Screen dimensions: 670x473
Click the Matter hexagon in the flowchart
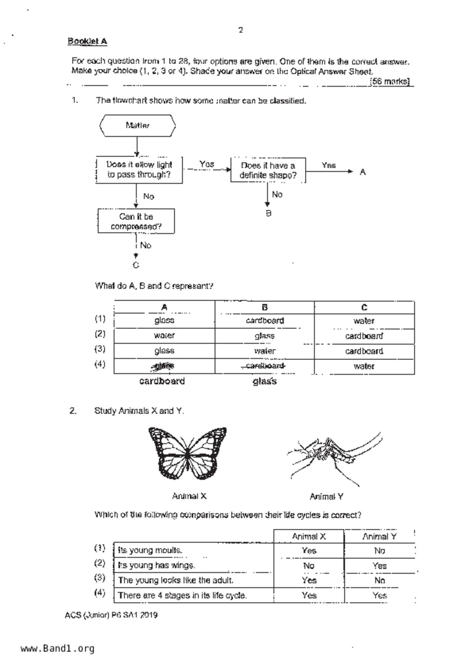[137, 125]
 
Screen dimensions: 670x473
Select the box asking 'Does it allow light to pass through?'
[139, 170]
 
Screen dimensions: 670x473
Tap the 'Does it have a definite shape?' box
[268, 170]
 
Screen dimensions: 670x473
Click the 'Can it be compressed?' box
[136, 221]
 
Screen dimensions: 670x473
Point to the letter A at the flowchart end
[363, 172]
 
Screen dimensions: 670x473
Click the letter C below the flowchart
[136, 265]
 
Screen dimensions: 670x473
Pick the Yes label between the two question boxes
[207, 164]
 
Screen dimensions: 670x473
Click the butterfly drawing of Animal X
[187, 453]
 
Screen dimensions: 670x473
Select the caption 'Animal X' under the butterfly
[189, 496]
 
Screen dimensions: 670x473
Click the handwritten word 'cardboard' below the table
[162, 381]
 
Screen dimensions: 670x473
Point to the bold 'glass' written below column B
[265, 381]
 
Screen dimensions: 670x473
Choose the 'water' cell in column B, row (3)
[265, 351]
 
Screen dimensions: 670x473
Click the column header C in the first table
[364, 307]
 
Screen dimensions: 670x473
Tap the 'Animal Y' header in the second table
[379, 537]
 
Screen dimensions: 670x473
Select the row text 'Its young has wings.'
[157, 565]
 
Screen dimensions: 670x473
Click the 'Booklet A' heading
[87, 41]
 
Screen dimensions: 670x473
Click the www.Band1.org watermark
[57, 648]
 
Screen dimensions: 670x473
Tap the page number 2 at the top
[241, 30]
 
